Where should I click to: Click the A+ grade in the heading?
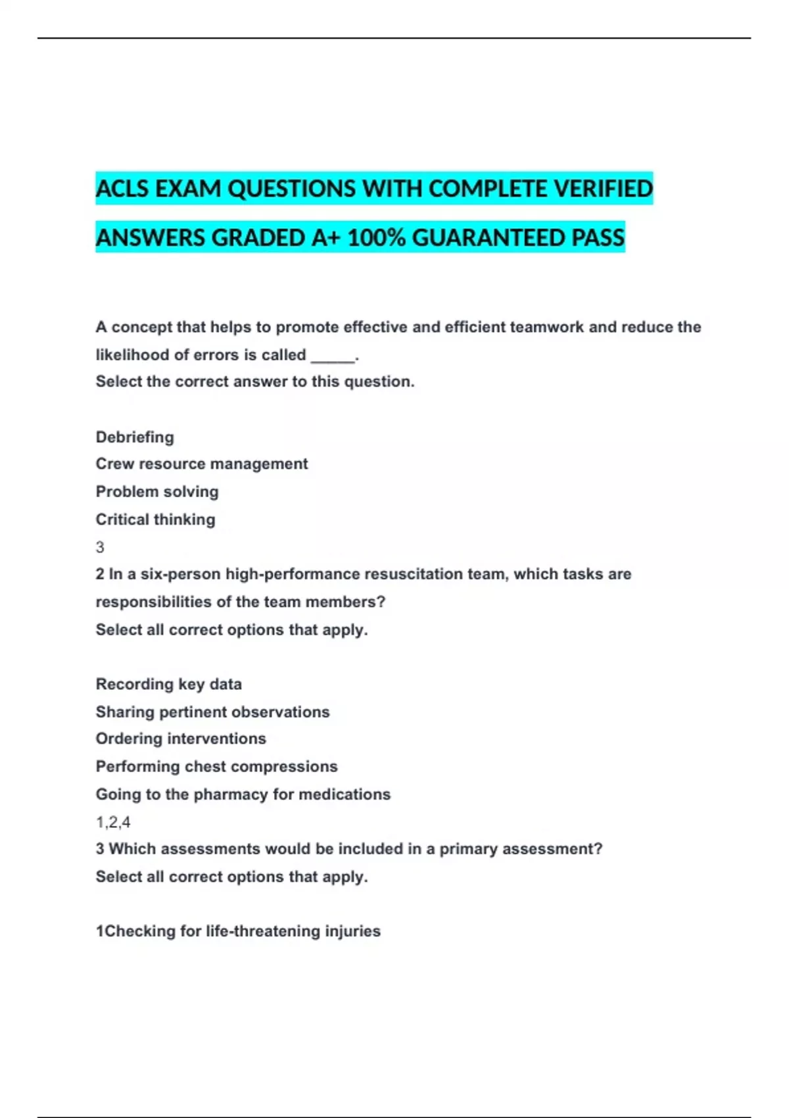(x=326, y=238)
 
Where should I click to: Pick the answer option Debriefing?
(x=135, y=437)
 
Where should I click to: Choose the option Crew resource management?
(x=201, y=464)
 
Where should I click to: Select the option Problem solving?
(x=157, y=492)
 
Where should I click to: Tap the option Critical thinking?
(x=155, y=520)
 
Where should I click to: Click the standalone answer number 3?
(x=100, y=547)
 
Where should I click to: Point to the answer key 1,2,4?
(x=113, y=822)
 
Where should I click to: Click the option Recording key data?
(x=168, y=685)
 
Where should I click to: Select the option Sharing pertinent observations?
(x=212, y=712)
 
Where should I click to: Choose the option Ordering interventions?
(x=181, y=739)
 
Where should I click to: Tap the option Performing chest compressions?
(x=216, y=767)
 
